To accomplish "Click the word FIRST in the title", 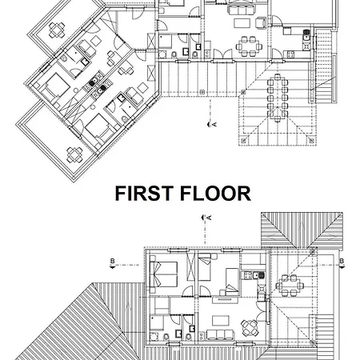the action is pyautogui.click(x=143, y=194).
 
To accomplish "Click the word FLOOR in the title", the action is pyautogui.click(x=215, y=194).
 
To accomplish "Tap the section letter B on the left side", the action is pyautogui.click(x=112, y=261).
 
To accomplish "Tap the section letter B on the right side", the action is pyautogui.click(x=342, y=261).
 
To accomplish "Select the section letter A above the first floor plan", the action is pyautogui.click(x=209, y=218).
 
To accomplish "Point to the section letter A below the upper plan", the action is pyautogui.click(x=214, y=124).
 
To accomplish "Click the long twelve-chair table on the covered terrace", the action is pyautogui.click(x=278, y=98).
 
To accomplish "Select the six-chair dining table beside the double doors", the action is pyautogui.click(x=249, y=46).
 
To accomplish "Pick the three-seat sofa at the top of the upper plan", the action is pyautogui.click(x=240, y=10).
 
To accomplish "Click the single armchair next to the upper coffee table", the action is pyautogui.click(x=261, y=22).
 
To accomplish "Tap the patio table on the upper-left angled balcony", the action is pyautogui.click(x=57, y=30).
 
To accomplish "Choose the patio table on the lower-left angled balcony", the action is pyautogui.click(x=74, y=155).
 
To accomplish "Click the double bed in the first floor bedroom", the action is pyautogui.click(x=163, y=274).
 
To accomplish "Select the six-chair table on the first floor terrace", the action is pyautogui.click(x=290, y=286).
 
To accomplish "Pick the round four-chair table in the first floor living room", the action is pyautogui.click(x=250, y=328).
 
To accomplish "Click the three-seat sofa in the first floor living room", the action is pyautogui.click(x=220, y=334).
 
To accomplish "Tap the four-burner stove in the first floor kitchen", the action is pyautogui.click(x=247, y=275).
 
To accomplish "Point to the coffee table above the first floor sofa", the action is pyautogui.click(x=221, y=320).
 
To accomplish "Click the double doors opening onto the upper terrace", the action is pyautogui.click(x=223, y=54).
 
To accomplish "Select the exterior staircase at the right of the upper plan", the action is pyautogui.click(x=323, y=66).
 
